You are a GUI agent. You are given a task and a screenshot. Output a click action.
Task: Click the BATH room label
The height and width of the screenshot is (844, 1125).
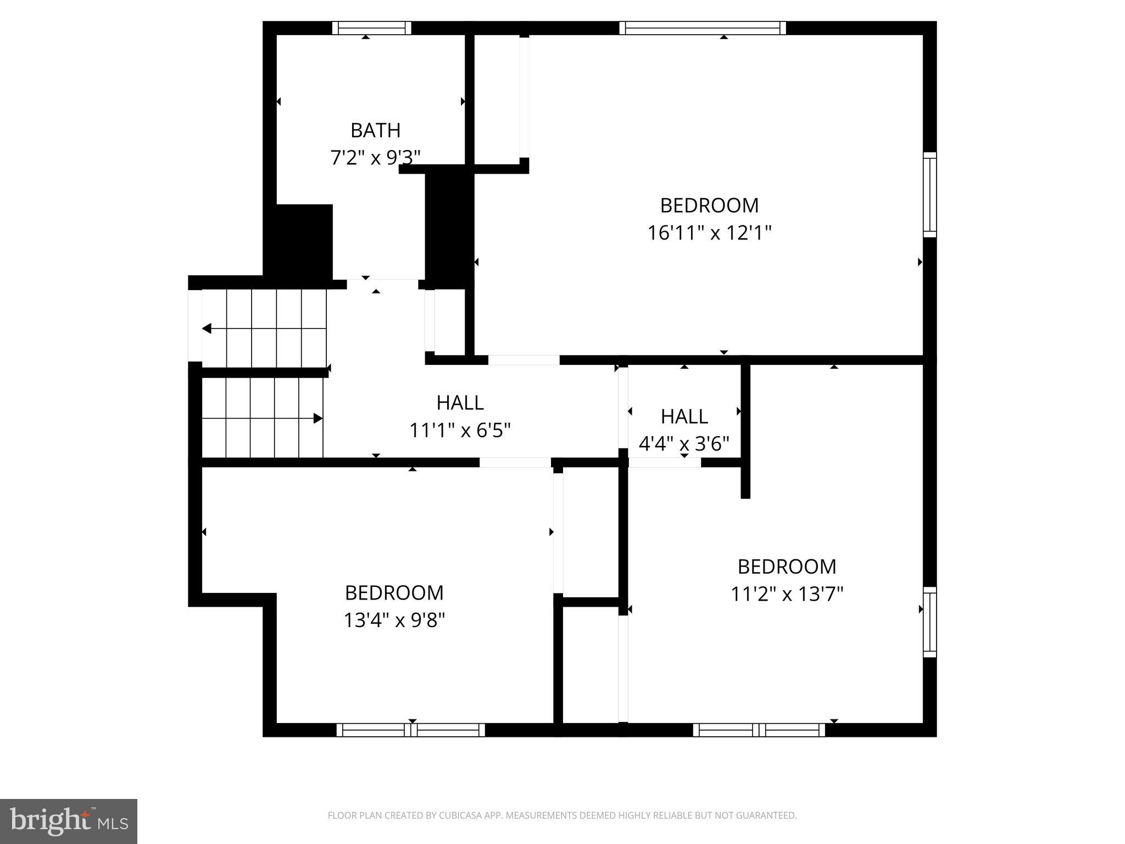(x=375, y=131)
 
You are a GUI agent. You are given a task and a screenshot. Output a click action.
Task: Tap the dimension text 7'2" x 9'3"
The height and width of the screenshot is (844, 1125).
(x=375, y=158)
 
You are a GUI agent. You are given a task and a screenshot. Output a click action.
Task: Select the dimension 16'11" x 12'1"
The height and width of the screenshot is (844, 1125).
(x=709, y=233)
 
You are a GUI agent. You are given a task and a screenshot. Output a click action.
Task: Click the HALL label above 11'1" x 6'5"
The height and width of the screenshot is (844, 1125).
(x=460, y=403)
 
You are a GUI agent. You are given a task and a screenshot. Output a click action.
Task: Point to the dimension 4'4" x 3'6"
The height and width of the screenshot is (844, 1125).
(x=684, y=443)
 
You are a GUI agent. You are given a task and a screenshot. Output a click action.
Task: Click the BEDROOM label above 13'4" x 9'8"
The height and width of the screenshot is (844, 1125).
(x=394, y=593)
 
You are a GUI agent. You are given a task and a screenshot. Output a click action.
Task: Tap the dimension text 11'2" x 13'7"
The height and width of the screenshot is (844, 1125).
(x=787, y=594)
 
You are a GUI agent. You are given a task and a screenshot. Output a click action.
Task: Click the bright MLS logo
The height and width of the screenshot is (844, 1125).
(x=68, y=821)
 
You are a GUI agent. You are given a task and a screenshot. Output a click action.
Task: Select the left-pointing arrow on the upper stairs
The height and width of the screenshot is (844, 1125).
(x=207, y=329)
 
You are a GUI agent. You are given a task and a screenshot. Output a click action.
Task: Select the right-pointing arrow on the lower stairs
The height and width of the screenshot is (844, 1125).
(x=318, y=419)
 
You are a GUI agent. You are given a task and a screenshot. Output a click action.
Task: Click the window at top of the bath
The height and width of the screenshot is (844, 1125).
(x=372, y=28)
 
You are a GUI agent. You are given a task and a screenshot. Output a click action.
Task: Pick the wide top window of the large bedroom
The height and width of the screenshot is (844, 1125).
(x=703, y=28)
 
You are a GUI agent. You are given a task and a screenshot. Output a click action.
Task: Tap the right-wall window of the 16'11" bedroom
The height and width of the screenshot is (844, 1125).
(x=929, y=195)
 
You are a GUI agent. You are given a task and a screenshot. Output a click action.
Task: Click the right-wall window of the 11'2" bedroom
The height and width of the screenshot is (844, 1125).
(x=929, y=621)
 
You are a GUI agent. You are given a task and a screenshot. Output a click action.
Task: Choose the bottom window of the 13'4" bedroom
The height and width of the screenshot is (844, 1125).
(x=410, y=730)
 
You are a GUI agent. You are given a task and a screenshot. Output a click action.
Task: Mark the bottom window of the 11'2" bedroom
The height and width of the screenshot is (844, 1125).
(x=759, y=730)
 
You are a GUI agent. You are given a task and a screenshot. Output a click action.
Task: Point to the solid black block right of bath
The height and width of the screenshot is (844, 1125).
(x=449, y=228)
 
